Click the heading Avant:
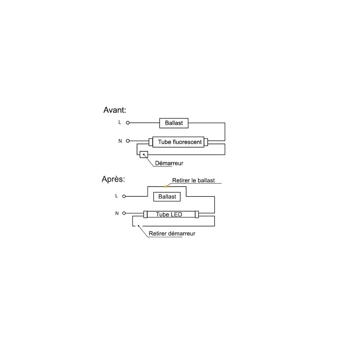115,110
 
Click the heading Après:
113,179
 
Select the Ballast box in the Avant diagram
174,123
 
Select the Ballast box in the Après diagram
167,197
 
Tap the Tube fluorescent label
180,142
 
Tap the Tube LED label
169,215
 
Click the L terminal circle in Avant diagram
128,123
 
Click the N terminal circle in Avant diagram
128,141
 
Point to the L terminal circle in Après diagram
124,196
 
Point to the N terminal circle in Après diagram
124,213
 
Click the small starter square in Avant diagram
144,154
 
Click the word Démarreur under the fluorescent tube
169,163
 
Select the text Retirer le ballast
193,180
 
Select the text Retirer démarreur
172,234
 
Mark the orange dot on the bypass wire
166,186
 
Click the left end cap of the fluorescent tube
151,142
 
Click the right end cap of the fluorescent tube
206,142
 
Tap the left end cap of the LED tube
145,215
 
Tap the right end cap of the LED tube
197,215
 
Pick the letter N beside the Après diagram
117,213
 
